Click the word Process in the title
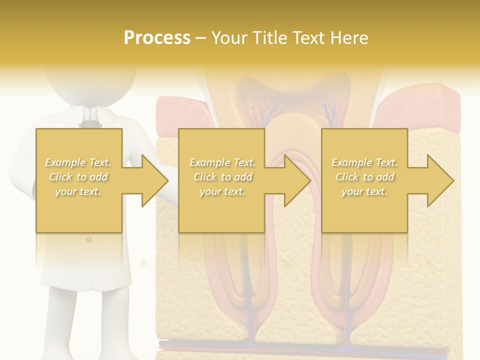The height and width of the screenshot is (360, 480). tap(157, 38)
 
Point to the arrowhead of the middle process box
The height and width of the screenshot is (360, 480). tap(297, 180)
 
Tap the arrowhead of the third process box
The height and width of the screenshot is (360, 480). tap(440, 180)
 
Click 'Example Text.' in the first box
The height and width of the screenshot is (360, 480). tap(78, 162)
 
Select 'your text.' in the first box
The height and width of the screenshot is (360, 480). tap(78, 191)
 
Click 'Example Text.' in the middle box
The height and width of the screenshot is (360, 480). tap(222, 162)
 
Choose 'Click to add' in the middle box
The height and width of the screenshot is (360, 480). tap(222, 177)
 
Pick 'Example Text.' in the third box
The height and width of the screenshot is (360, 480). tap(364, 162)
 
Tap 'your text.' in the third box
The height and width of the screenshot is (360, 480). tap(364, 191)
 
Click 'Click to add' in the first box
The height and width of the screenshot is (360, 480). tap(78, 177)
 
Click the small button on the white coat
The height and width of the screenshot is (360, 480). tap(89, 240)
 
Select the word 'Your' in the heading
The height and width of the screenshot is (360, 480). tap(229, 38)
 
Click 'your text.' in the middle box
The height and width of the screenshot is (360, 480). tap(222, 191)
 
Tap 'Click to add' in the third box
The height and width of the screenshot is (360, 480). tap(364, 177)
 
